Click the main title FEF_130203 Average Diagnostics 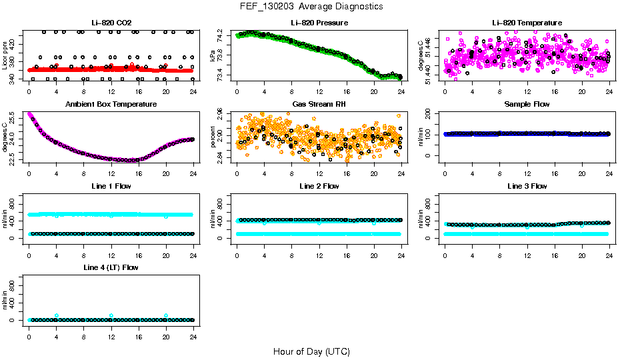pyautogui.click(x=311, y=6)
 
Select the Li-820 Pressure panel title pyautogui.click(x=319, y=23)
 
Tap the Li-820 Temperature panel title pyautogui.click(x=527, y=23)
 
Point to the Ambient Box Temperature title pyautogui.click(x=111, y=104)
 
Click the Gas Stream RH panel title pyautogui.click(x=319, y=104)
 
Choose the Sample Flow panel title pyautogui.click(x=527, y=104)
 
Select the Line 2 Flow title pyautogui.click(x=319, y=186)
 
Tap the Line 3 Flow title pyautogui.click(x=527, y=186)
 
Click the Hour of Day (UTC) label pyautogui.click(x=311, y=351)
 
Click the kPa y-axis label pyautogui.click(x=213, y=55)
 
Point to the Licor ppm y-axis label pyautogui.click(x=5, y=55)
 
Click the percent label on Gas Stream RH pyautogui.click(x=213, y=137)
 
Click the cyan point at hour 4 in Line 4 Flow pyautogui.click(x=57, y=315)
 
